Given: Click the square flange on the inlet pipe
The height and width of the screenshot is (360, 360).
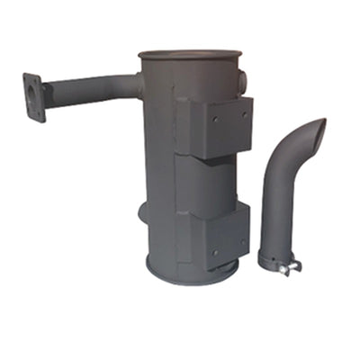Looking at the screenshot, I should (x=33, y=97).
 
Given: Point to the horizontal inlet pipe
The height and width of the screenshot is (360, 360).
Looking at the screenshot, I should (x=90, y=88).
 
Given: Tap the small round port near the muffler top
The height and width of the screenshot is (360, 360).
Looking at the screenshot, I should (x=244, y=80).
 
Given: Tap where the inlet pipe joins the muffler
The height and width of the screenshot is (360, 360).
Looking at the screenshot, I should (x=139, y=85).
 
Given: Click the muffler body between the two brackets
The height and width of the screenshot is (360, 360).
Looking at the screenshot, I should (x=202, y=180).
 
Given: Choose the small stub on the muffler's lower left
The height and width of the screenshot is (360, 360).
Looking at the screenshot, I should (x=143, y=211).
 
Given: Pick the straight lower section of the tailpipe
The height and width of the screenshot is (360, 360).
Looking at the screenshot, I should (x=274, y=216).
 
